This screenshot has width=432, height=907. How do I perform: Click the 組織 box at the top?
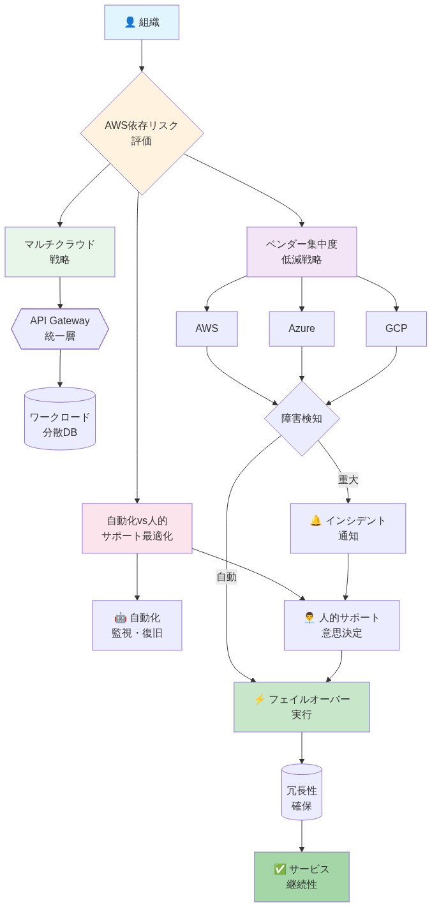(142, 22)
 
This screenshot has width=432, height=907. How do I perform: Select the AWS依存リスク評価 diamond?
(142, 133)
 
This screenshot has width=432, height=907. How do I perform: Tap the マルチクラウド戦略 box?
(60, 251)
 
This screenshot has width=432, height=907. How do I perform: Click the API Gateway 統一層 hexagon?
(60, 329)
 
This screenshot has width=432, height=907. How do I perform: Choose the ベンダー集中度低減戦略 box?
(301, 251)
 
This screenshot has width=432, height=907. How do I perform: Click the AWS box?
(207, 329)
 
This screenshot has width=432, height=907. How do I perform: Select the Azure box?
(301, 329)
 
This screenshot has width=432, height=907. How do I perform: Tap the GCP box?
(396, 329)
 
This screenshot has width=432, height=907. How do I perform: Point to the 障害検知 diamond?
(302, 419)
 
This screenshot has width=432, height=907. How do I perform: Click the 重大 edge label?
(348, 479)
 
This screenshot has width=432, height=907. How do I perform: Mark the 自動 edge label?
(227, 577)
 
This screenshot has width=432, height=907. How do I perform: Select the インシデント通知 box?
(348, 528)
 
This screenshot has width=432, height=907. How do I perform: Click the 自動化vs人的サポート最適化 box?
(137, 528)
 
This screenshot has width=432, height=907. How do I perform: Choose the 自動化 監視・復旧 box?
(137, 625)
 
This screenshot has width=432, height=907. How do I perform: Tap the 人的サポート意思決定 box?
(341, 625)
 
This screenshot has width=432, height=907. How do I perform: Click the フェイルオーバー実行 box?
(301, 707)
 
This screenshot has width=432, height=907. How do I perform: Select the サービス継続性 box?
(301, 876)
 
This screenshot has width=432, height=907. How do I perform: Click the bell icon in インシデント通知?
(315, 521)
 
